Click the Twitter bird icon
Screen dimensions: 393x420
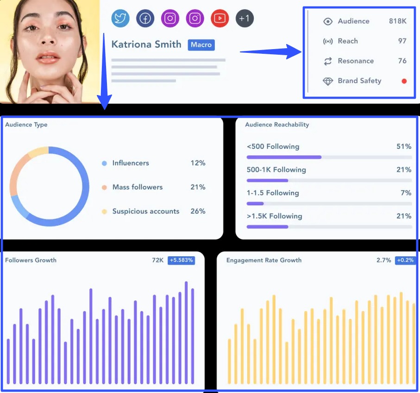[120, 19]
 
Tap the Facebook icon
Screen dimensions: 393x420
[145, 19]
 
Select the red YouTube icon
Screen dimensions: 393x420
[220, 19]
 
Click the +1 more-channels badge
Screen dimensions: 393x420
[244, 19]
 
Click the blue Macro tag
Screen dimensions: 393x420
[201, 45]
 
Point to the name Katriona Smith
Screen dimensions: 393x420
[146, 44]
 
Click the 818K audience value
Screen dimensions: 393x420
[397, 21]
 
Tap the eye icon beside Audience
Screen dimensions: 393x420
[328, 21]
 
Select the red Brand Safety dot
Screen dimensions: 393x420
[404, 81]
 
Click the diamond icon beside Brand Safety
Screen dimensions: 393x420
[328, 81]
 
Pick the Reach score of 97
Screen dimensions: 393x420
[402, 41]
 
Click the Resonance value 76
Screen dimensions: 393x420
[402, 61]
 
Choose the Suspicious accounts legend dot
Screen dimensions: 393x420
[104, 212]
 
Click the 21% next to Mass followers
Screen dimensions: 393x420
[198, 187]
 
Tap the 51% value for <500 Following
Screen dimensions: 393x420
[404, 146]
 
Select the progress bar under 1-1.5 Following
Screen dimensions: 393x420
[329, 203]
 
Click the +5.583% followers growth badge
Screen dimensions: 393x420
[181, 260]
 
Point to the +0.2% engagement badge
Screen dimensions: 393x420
[405, 260]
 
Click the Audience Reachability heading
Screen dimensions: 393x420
[277, 125]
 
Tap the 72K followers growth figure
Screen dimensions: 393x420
[157, 260]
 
